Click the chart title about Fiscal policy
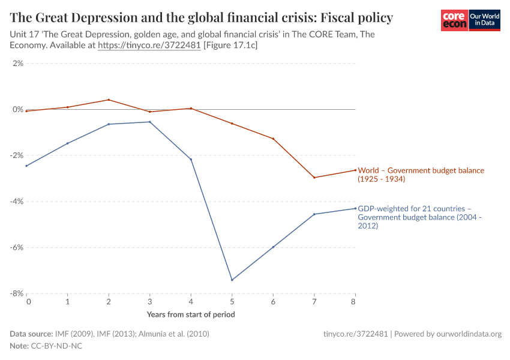(201, 18)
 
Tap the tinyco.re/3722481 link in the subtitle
(149, 45)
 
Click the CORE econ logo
(454, 20)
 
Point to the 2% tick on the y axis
(16, 64)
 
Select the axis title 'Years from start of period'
(191, 314)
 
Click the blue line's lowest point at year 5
(232, 280)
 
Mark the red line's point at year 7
(314, 178)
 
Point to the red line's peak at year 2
(109, 100)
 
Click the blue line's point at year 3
(150, 122)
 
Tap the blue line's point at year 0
(27, 166)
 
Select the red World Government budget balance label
(421, 175)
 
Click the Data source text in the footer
(110, 334)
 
